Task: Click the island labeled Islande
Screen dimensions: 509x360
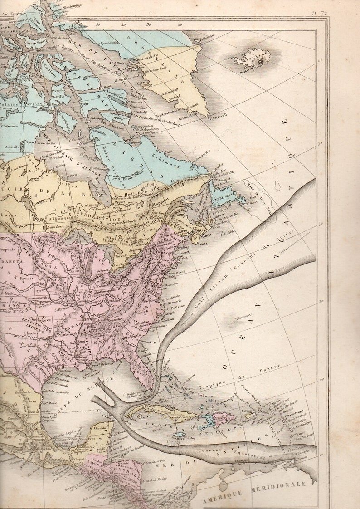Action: [251, 59]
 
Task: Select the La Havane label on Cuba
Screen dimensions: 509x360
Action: [142, 406]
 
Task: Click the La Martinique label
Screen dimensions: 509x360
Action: [299, 426]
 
